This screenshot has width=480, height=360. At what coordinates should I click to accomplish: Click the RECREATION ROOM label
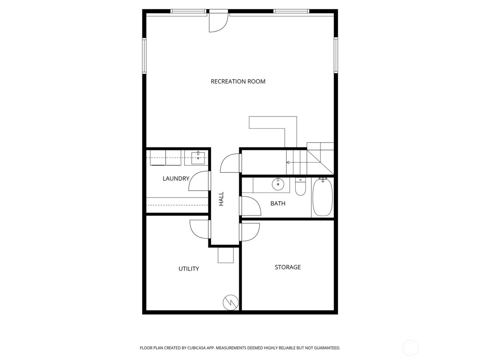tap(238, 82)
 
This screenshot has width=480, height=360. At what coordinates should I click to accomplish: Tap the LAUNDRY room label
tap(176, 179)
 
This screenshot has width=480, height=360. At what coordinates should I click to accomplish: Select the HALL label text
tap(221, 199)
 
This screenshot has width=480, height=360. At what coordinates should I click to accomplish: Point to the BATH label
tap(278, 204)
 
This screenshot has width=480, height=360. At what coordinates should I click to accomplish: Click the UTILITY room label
tap(189, 269)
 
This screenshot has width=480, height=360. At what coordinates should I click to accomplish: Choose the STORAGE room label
tap(287, 267)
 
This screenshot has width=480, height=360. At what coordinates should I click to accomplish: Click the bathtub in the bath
tap(322, 197)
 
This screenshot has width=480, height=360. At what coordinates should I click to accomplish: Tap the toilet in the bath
tap(300, 187)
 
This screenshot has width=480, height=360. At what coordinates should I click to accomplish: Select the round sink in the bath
tap(278, 184)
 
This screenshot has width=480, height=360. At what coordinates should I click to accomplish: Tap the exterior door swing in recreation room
tap(218, 23)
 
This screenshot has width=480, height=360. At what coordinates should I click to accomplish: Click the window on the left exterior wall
tap(144, 55)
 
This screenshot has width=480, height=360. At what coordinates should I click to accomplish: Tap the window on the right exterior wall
tap(336, 55)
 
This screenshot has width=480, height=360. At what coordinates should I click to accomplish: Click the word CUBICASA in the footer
tap(196, 348)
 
